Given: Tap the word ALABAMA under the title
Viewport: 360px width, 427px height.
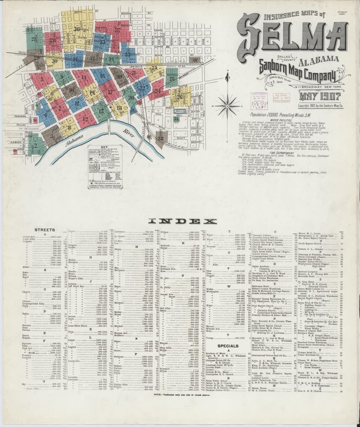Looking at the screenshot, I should point(319,60).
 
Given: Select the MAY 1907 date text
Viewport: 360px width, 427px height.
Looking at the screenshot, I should point(320,96).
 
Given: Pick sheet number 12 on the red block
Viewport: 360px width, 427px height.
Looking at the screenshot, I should point(85,120).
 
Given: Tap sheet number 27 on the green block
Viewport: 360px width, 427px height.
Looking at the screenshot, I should point(34,39).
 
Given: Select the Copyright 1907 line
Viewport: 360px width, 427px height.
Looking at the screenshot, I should point(320,106).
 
